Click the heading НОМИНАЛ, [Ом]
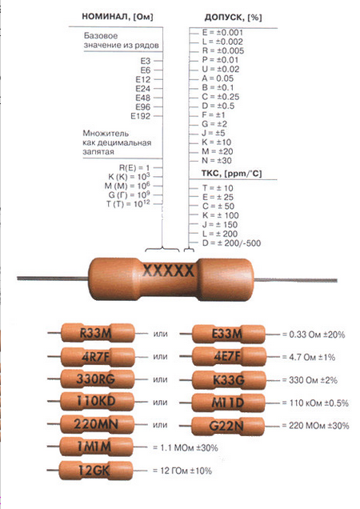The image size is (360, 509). tap(117, 17)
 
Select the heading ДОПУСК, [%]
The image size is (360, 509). tap(233, 17)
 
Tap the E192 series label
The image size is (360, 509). tap(141, 116)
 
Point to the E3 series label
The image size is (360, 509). tap(146, 61)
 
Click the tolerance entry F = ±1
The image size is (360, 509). tap(214, 115)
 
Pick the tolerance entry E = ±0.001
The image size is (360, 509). tap(222, 33)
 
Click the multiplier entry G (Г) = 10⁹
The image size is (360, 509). tap(129, 194)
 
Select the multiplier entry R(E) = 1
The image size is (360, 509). tap(134, 168)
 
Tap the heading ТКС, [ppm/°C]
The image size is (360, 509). tap(231, 174)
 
